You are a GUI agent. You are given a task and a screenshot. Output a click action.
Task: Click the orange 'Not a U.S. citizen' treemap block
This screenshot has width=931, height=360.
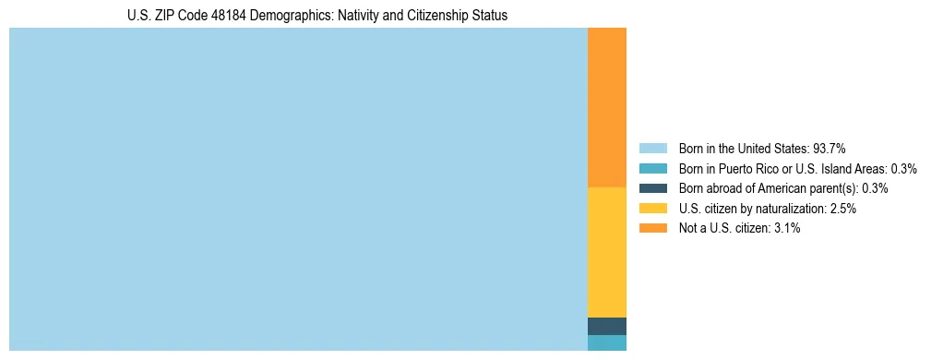coord(606,107)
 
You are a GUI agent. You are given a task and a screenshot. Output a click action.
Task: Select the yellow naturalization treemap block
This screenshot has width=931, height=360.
coord(606,252)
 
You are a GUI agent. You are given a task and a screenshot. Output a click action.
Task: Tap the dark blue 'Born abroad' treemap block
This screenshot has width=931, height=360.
coord(606,326)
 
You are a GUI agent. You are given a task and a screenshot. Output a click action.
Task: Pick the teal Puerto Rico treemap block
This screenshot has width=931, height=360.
coord(606,342)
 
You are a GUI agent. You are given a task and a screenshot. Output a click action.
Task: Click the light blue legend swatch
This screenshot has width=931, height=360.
coord(652,148)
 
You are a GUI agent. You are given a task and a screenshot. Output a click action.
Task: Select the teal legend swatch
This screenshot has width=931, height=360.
coord(652,168)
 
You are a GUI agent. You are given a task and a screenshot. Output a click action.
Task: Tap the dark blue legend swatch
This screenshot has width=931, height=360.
coord(652,188)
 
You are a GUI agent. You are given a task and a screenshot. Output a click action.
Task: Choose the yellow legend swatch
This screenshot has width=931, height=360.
coord(652,209)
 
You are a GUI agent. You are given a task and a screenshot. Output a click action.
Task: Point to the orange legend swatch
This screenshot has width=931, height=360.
coord(652,228)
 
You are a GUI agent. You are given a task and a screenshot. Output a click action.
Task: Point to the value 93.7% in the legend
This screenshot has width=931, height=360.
coord(830,148)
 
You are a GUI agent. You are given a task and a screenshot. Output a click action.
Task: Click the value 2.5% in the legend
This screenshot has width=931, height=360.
coord(843,209)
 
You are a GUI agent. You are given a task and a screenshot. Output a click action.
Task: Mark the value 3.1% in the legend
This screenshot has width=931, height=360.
coord(787,228)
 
